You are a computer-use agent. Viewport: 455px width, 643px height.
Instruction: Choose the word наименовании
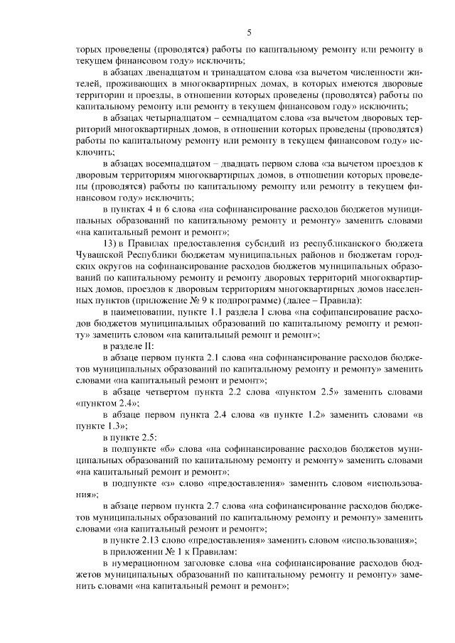tap(140, 313)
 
